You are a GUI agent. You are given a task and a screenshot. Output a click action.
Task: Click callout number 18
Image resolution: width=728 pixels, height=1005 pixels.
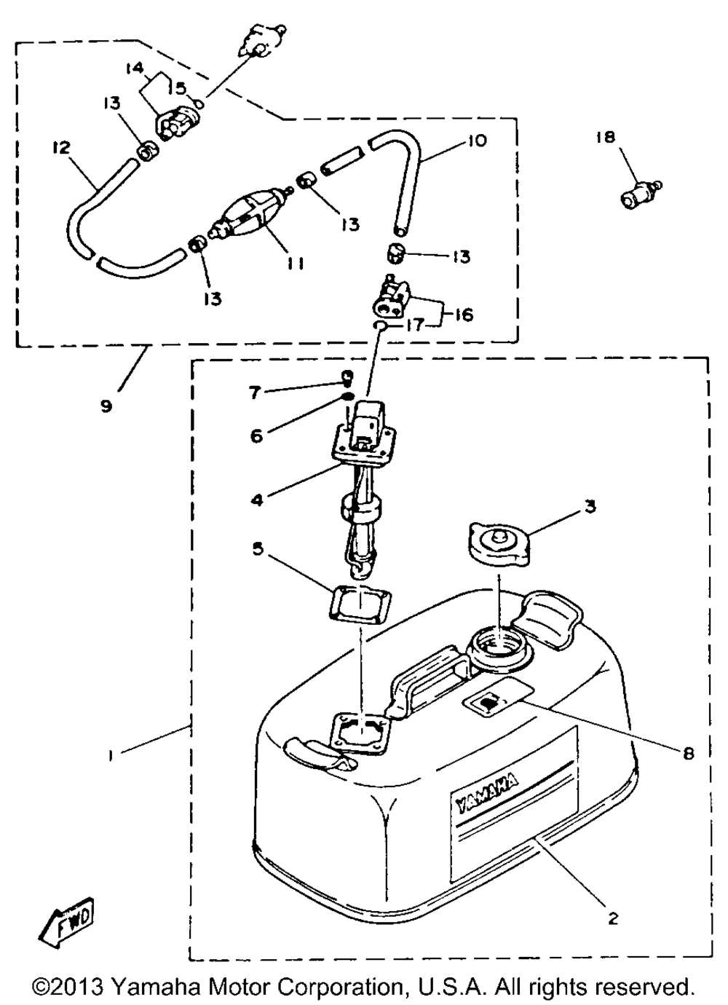(606, 137)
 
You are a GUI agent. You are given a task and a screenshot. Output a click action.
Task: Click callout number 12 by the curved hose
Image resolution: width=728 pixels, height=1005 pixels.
(61, 148)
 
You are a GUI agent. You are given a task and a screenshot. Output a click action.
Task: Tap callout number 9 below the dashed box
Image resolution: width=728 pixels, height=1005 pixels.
(106, 406)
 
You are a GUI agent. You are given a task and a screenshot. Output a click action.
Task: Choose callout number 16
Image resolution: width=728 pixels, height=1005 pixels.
(464, 314)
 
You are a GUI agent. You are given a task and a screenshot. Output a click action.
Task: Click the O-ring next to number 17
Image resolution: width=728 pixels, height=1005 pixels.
(380, 325)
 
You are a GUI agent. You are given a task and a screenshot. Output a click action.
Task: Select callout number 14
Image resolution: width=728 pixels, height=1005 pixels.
(135, 68)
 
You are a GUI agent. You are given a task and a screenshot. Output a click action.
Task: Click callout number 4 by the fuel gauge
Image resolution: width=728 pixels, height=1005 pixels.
(258, 500)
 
